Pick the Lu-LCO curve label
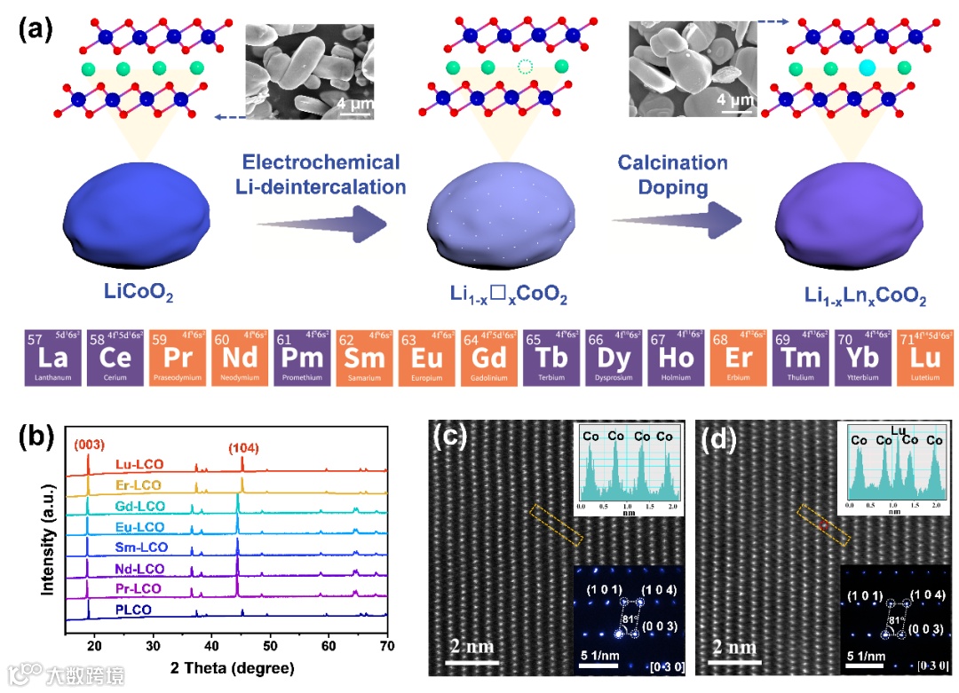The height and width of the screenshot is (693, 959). [138, 464]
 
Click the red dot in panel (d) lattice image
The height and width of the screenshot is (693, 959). [823, 525]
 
